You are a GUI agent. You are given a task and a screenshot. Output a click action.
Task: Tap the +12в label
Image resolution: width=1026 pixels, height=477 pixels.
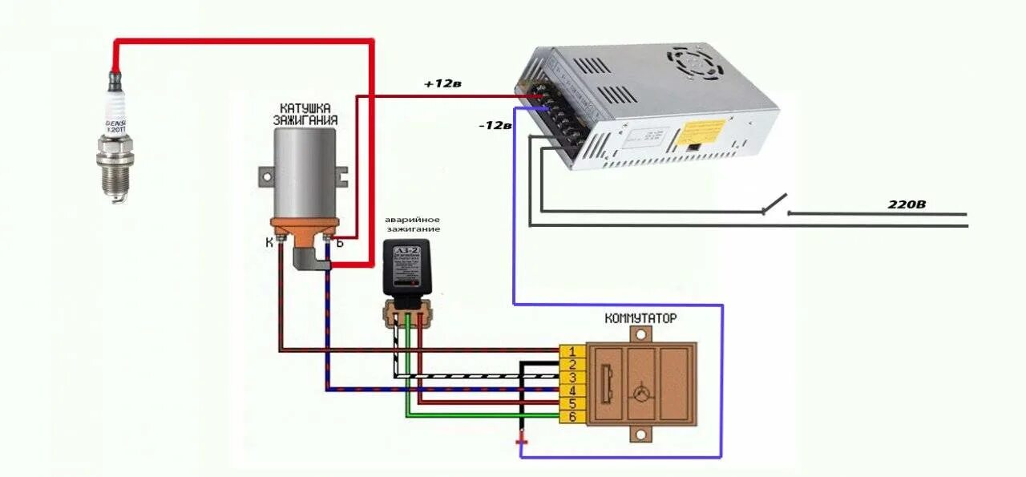click(442, 83)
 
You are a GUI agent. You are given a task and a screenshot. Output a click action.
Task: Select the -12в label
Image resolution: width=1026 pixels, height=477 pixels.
click(494, 125)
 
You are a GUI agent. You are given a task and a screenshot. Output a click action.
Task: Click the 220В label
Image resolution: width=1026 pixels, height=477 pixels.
click(907, 204)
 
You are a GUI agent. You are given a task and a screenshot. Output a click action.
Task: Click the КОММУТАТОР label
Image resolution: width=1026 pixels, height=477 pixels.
click(640, 318)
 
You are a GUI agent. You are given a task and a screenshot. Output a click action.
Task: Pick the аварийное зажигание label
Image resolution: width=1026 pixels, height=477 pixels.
click(412, 224)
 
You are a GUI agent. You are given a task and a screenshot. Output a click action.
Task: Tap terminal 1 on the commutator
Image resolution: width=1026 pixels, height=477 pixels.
click(572, 351)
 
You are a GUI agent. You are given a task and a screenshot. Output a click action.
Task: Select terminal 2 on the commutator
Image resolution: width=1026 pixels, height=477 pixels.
click(572, 364)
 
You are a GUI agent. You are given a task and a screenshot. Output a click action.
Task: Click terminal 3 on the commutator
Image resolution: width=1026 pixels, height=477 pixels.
click(572, 377)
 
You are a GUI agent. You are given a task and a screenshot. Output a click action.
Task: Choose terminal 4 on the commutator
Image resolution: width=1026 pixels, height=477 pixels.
click(572, 390)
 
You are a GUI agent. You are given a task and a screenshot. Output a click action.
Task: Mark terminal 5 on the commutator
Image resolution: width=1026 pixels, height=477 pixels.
click(572, 403)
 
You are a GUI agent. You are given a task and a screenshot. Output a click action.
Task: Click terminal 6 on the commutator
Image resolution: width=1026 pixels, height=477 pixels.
click(572, 417)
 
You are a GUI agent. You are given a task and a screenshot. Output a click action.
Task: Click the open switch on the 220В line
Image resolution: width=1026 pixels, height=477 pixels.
click(774, 204)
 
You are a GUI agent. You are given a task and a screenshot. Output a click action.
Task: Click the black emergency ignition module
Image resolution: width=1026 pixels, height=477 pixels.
click(410, 267)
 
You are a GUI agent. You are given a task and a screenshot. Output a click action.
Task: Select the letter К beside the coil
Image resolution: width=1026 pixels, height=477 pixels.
click(270, 241)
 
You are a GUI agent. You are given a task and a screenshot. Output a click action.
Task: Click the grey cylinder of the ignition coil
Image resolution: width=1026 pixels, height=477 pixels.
click(304, 172)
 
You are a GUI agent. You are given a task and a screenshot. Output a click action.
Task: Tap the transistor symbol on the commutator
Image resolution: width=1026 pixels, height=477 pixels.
click(640, 393)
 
